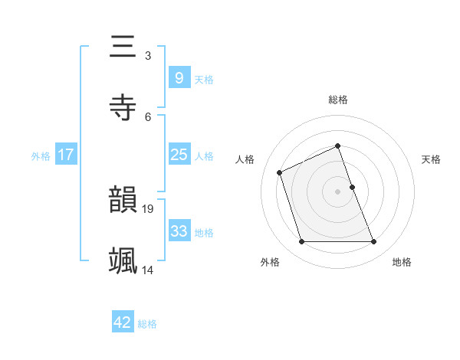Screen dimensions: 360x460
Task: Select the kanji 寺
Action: point(123,107)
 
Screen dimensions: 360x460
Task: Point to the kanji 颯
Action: point(123,260)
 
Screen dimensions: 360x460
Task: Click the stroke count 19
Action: point(149,208)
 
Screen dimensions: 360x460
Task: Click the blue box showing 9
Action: point(179,77)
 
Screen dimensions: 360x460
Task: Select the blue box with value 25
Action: point(179,155)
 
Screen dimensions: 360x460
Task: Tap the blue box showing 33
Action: point(179,231)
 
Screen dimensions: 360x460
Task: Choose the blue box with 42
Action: point(123,322)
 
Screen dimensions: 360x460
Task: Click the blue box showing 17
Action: point(65,155)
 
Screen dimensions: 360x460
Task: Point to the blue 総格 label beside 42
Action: point(147,324)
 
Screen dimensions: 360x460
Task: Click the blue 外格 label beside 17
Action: point(41,155)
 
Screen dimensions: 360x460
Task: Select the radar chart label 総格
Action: point(338,100)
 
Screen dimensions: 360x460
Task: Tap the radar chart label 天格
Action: point(432,159)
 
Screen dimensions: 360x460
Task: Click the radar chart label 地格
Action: point(402,262)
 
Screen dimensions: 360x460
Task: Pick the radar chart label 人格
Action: point(245,159)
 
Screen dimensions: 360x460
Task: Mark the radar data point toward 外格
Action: point(301,242)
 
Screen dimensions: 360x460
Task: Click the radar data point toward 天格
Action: point(352,186)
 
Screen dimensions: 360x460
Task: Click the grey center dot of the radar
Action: point(338,191)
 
